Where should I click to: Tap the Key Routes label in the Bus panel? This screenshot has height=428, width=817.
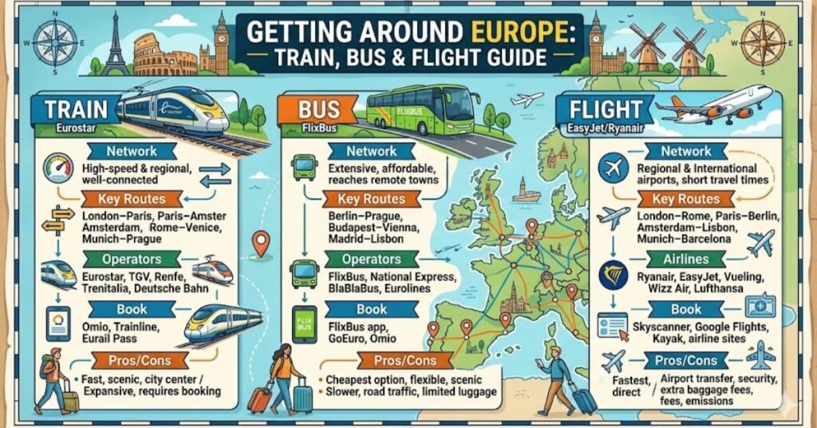[x=371, y=200]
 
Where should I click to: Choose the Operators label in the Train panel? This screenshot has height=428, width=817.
[x=132, y=260]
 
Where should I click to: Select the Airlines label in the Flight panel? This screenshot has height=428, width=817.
[x=686, y=260]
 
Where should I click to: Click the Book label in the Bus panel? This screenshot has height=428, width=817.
[x=372, y=309]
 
